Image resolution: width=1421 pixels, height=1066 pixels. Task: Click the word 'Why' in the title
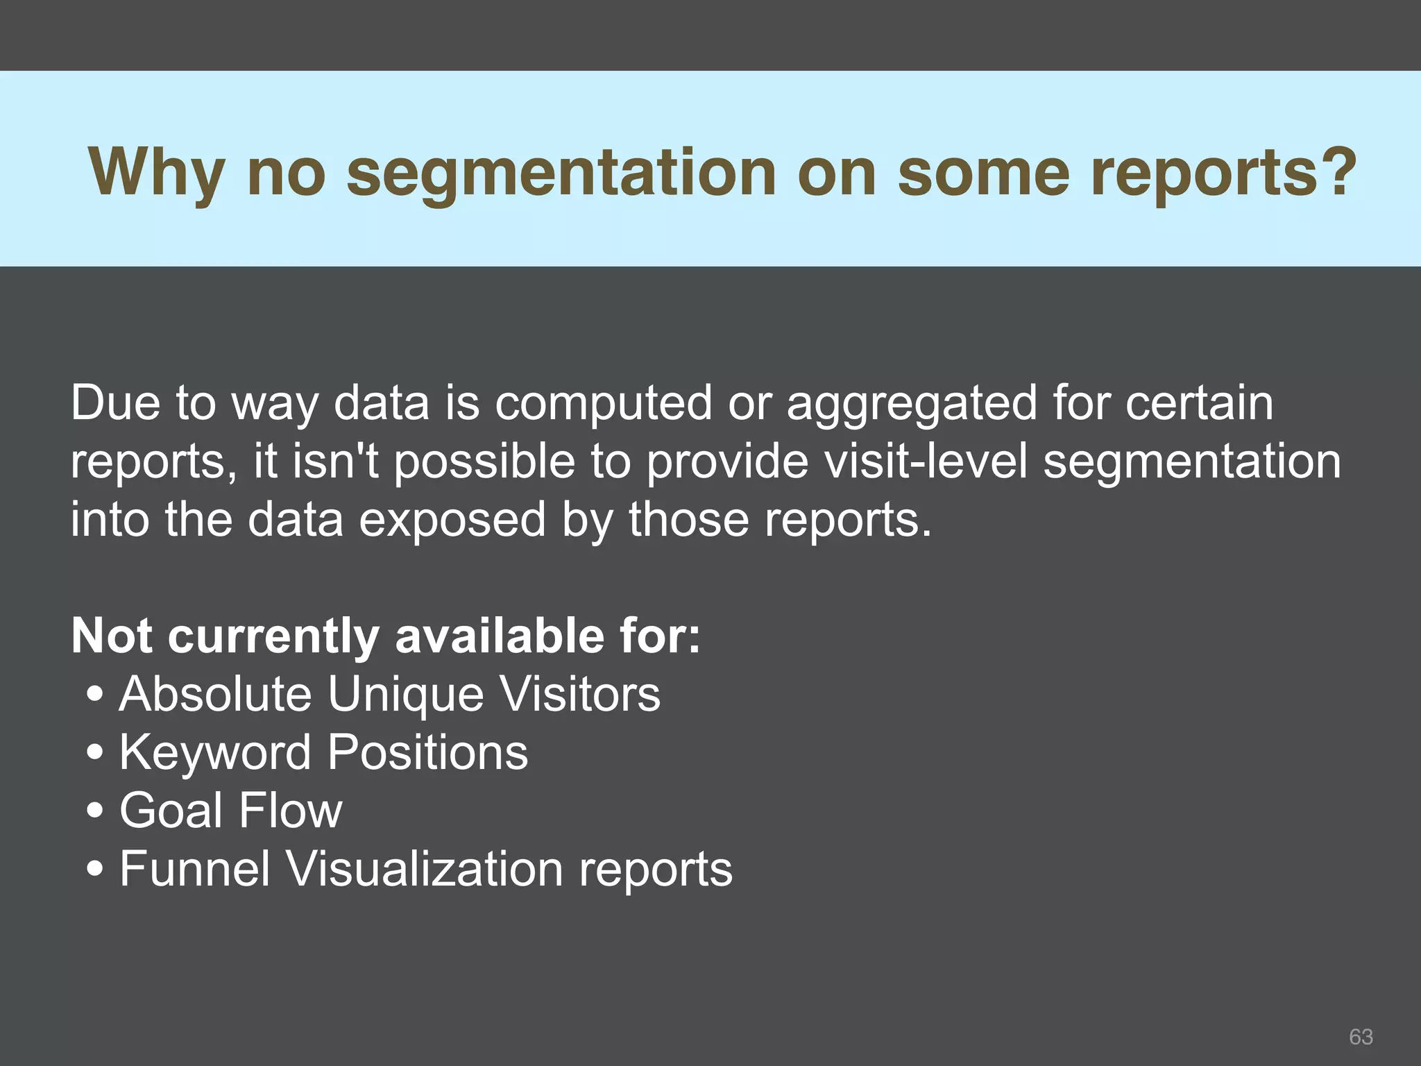[157, 174]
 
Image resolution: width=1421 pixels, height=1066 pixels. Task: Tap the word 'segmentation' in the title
[561, 174]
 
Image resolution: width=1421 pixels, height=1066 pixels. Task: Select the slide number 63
[1361, 1036]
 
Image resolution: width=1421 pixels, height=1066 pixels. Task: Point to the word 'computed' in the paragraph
[603, 404]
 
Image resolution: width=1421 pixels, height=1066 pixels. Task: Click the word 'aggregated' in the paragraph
[911, 404]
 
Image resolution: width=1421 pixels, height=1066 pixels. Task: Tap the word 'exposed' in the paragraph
[452, 521]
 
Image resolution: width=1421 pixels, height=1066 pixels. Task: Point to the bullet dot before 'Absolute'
[96, 695]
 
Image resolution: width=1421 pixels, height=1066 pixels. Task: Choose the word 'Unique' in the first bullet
[405, 695]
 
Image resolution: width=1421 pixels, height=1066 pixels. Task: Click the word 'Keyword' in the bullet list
[215, 752]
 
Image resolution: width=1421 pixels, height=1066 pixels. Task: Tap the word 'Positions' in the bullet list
[427, 752]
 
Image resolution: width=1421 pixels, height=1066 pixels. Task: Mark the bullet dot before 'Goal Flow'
[96, 811]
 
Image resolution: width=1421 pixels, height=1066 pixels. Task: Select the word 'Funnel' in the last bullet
[194, 868]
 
